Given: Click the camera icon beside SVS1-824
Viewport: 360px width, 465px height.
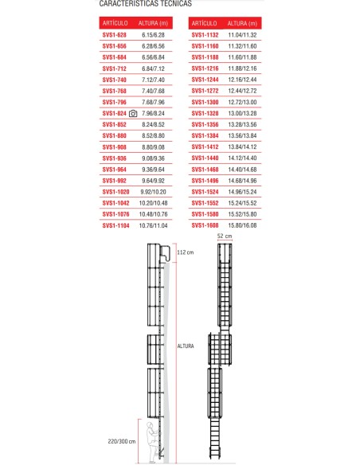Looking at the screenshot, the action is (x=134, y=114).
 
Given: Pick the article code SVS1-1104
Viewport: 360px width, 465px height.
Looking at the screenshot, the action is (x=116, y=226).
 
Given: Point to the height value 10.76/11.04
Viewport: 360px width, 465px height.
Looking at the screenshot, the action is (x=156, y=226).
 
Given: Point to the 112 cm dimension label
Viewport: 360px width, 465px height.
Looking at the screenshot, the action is (x=185, y=252).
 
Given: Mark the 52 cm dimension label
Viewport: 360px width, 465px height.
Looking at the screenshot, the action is (x=224, y=237).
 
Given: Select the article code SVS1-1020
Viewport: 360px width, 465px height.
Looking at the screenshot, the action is (x=116, y=192).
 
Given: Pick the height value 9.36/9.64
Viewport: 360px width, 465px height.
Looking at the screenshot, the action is (x=155, y=170).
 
